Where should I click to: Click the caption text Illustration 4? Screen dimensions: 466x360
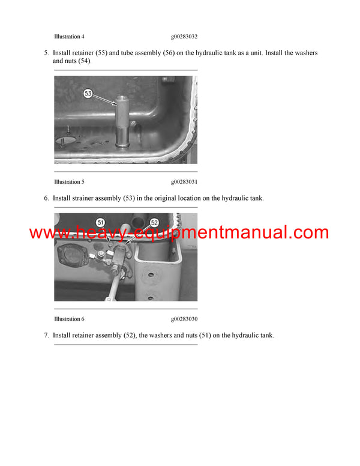73,37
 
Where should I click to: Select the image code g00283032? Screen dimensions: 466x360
184,37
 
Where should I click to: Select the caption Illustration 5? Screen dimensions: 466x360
73,181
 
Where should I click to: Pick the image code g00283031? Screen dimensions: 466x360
184,181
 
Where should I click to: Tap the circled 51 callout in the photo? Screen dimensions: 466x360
100,222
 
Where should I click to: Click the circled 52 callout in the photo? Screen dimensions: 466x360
154,222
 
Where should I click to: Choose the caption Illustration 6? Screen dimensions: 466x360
73,319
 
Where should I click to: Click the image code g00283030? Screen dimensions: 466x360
184,319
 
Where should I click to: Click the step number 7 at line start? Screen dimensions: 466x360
46,335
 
